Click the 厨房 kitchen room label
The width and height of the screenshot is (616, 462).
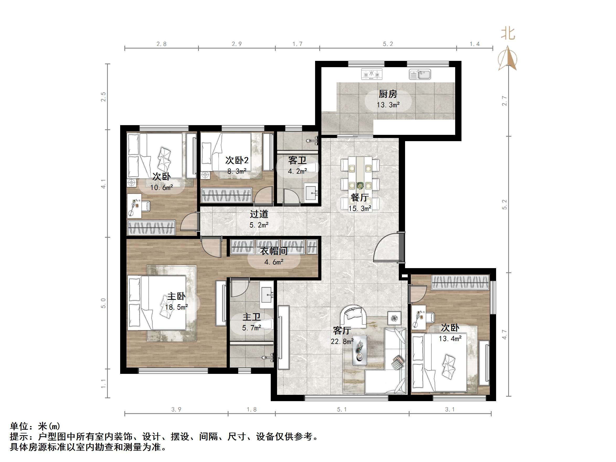pos(388,94)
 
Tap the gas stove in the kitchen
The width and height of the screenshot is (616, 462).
pos(371,74)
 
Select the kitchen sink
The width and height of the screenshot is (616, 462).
pos(420,74)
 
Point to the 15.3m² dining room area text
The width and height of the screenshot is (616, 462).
pos(360,208)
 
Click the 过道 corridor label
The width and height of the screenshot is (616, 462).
pos(259,214)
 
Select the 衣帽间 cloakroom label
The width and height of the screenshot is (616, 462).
pos(274,251)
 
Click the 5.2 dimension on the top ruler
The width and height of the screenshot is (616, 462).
pos(388,44)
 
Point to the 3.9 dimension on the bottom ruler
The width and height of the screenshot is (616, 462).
pos(176,409)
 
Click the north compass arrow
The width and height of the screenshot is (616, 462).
pos(508,59)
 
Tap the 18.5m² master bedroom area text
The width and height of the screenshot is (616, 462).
pos(176,307)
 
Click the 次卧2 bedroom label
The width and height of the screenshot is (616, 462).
pos(237,160)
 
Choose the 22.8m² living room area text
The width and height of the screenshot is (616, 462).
pos(342,341)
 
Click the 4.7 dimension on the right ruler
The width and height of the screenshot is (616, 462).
pos(504,334)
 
